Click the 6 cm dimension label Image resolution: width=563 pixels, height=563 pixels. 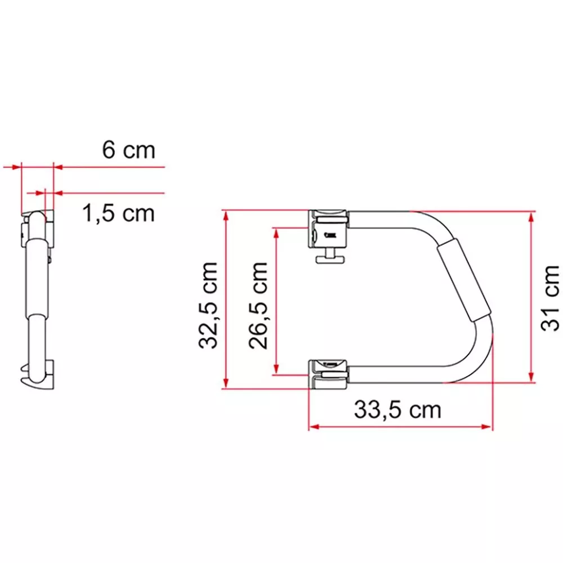click(128, 150)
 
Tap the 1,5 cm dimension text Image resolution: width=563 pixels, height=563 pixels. click(119, 213)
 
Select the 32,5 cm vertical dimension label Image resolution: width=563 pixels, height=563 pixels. click(208, 305)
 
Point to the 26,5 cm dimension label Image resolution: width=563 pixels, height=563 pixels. click(258, 306)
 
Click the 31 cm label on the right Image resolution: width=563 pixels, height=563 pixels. click(549, 298)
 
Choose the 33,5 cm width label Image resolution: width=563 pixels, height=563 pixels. click(397, 410)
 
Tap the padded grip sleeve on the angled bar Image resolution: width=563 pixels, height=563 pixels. click(463, 280)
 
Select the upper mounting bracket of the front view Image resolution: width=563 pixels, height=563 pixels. click(328, 229)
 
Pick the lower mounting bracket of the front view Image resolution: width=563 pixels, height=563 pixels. click(328, 374)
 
